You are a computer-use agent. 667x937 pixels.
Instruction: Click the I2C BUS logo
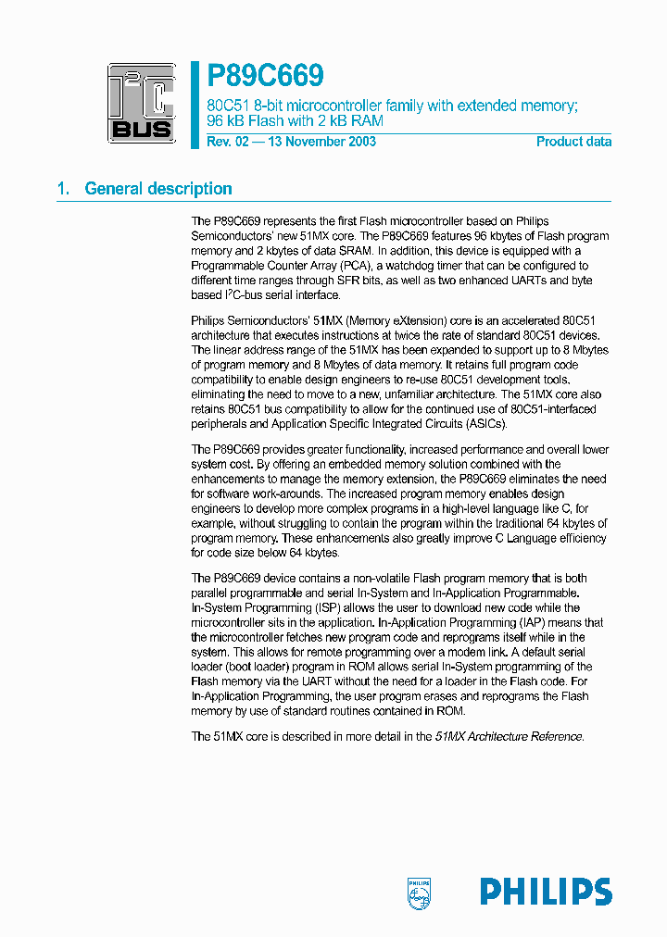[141, 102]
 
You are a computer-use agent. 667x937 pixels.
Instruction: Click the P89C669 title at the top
[265, 75]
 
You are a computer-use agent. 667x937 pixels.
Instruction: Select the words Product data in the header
[573, 142]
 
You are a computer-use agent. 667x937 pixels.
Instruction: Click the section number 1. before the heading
[63, 189]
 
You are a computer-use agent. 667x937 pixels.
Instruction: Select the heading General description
[158, 189]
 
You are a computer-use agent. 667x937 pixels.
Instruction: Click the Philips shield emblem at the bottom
[420, 892]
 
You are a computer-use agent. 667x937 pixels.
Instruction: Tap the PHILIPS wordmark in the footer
[546, 892]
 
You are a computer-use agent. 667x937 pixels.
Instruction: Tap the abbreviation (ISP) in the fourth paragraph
[328, 607]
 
